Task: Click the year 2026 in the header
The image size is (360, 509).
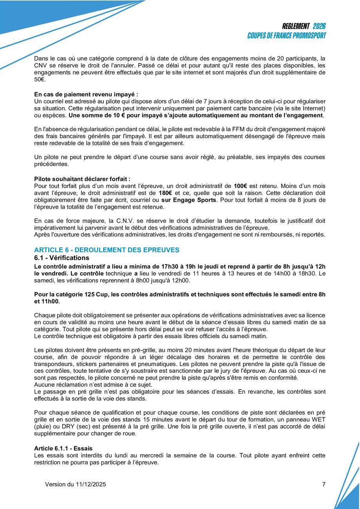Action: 319,26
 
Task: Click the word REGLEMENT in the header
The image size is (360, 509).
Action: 296,26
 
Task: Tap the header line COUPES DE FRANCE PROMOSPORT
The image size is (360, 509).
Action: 287,36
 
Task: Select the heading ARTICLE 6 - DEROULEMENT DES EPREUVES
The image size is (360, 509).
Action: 107,250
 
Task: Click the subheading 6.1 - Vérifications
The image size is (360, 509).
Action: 62,258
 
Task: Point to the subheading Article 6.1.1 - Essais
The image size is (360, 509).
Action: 63,448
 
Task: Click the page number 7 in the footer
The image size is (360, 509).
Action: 324,484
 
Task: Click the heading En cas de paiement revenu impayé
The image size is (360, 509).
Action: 86,94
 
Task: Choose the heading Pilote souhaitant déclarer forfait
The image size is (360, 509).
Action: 82,178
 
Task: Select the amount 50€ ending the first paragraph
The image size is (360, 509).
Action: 39,79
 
